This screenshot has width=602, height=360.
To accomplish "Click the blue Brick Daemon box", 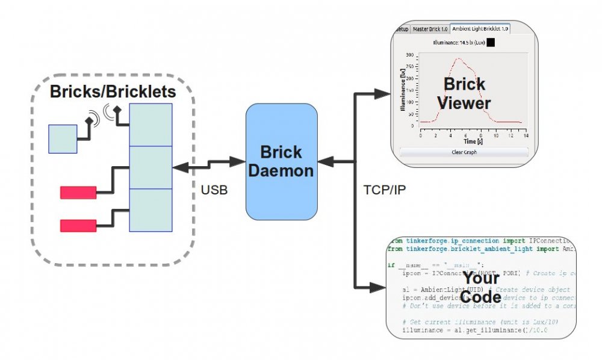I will tap(281, 161).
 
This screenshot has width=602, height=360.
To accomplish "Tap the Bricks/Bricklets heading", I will tap(113, 92).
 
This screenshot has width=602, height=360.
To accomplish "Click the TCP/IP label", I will tap(385, 190).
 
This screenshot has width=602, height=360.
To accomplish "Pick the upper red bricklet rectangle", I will tap(78, 193).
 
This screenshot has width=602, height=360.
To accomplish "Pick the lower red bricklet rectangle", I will tap(78, 226).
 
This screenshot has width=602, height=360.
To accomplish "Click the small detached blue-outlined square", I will tap(63, 138).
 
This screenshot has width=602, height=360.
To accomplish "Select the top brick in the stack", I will tap(150, 125).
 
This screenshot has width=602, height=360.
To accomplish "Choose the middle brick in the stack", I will tap(150, 168).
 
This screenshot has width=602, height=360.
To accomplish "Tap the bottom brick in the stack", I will tap(150, 210).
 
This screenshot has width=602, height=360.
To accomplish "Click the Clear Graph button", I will tap(464, 152).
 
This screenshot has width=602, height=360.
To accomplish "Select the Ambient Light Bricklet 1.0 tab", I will tap(480, 28).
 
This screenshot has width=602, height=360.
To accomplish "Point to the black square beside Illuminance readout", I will tap(491, 43).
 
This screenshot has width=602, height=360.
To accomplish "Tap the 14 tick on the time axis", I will tap(526, 135).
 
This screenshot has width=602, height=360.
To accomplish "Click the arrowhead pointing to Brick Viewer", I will tap(382, 94).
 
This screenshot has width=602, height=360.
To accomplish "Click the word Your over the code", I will tap(481, 278).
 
